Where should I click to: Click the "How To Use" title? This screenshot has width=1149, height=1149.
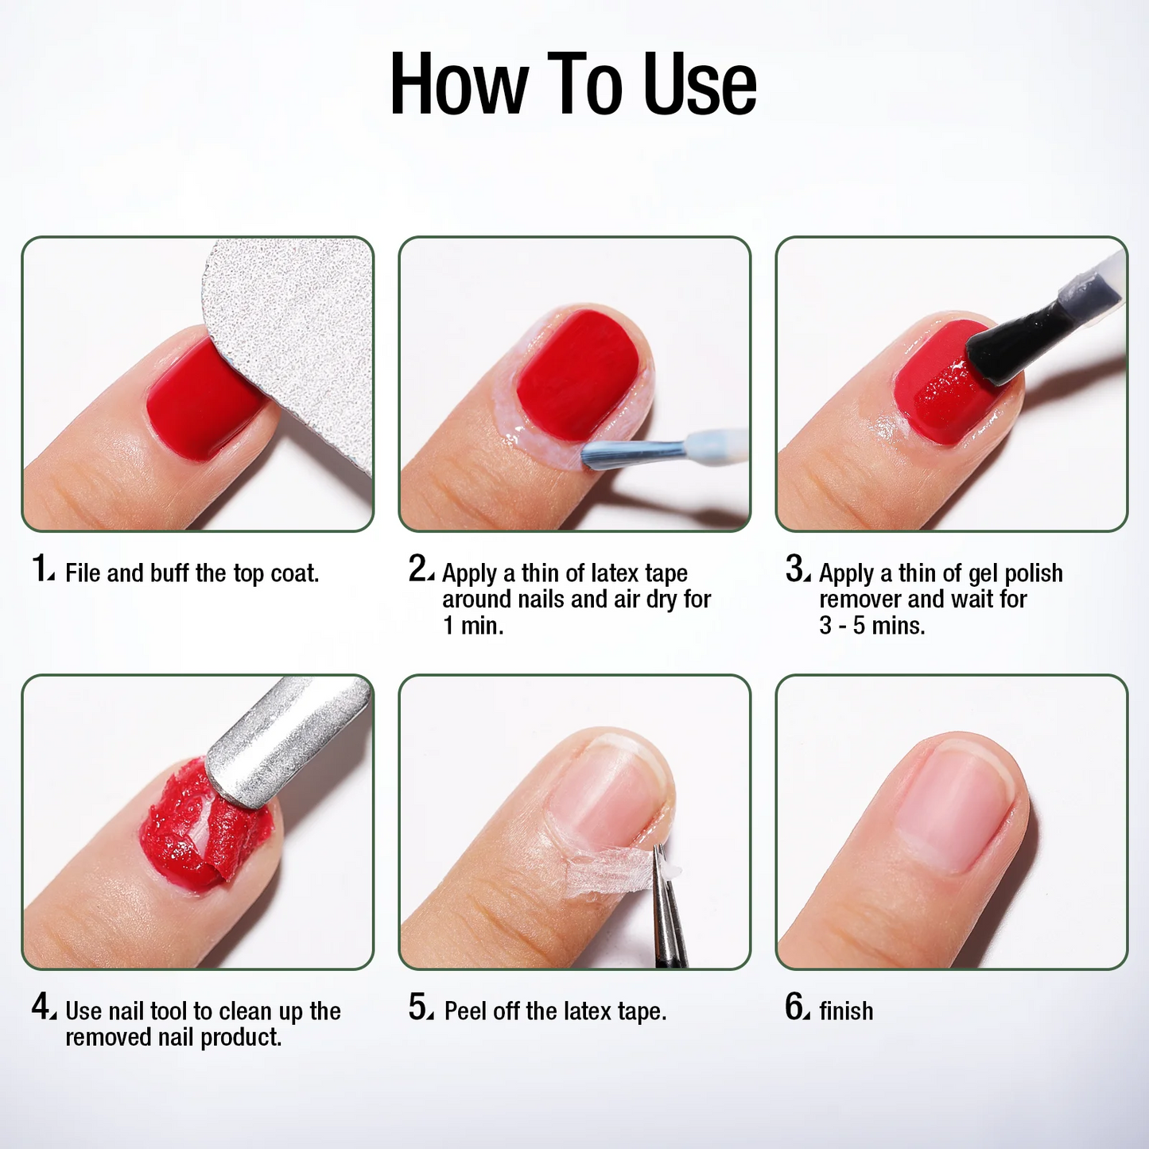pos(573,84)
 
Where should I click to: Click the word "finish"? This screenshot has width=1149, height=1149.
pos(846,1011)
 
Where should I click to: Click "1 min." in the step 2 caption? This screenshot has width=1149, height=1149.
pos(473,626)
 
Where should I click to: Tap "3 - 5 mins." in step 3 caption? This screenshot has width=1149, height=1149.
pos(872,626)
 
